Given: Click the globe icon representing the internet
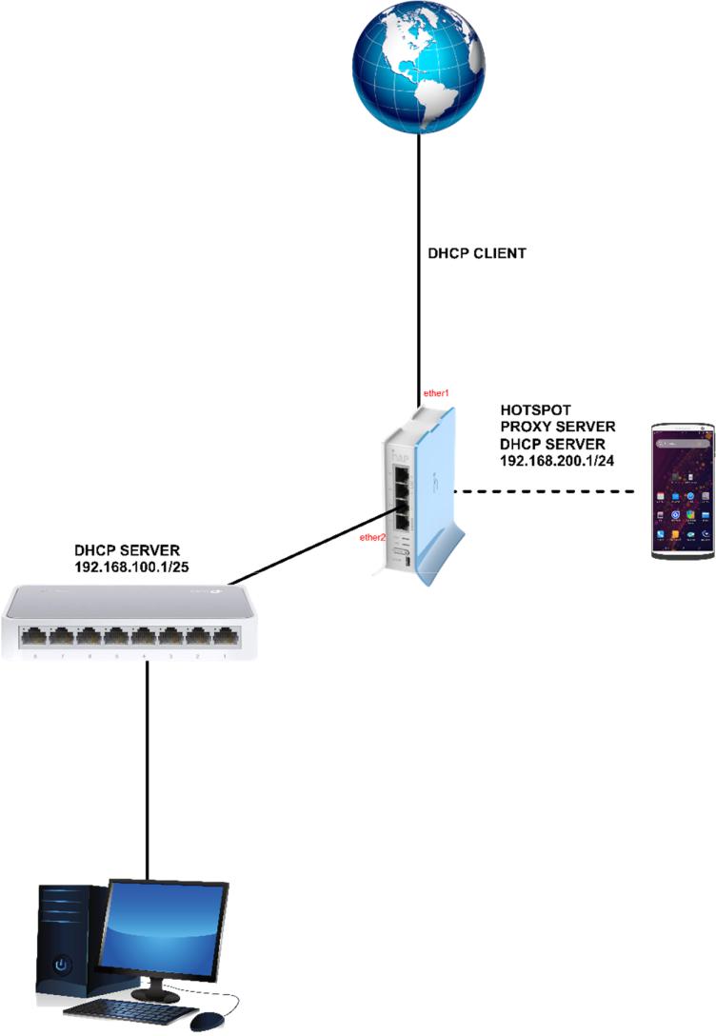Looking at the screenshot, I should coord(417,68).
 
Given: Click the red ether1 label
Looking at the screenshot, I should coord(436,392).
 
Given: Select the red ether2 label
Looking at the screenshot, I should coord(372,538).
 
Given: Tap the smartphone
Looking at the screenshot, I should coord(681,491).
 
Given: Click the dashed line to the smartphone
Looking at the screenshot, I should coord(552,492).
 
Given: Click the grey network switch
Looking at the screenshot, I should coord(130,623).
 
